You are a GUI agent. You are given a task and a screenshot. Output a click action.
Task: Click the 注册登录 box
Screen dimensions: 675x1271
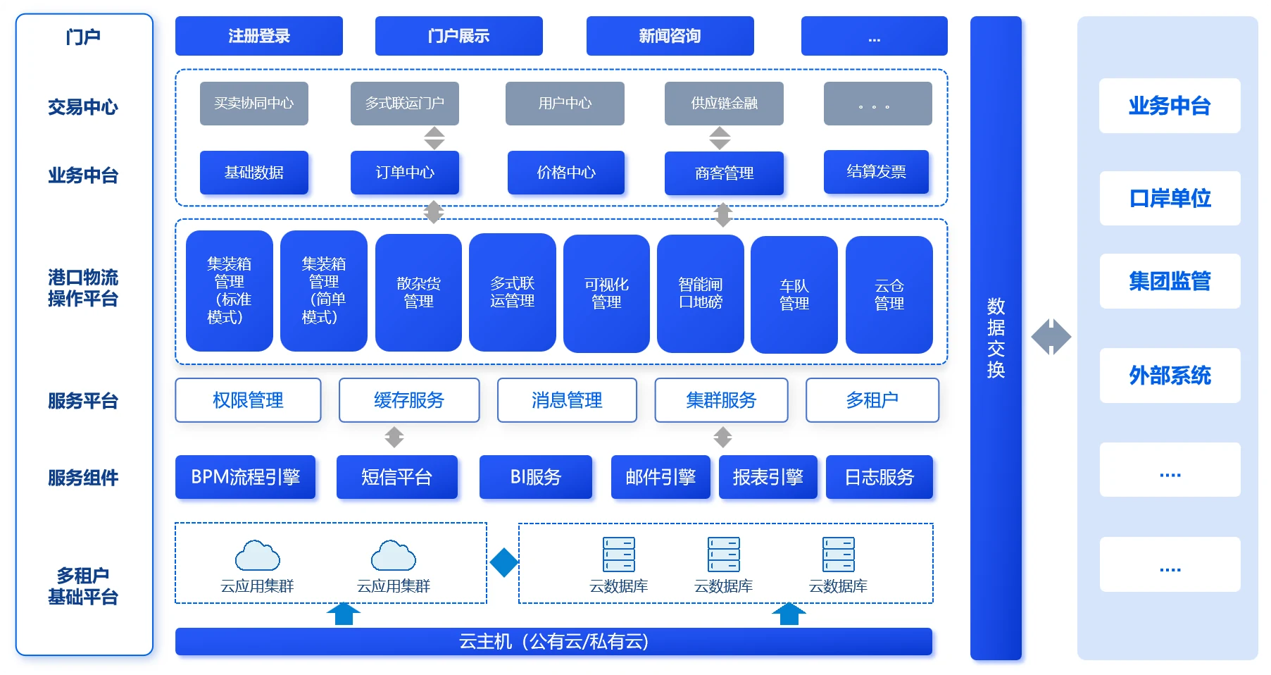[x=258, y=36]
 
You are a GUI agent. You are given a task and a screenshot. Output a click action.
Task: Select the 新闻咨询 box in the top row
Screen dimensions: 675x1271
[x=670, y=36]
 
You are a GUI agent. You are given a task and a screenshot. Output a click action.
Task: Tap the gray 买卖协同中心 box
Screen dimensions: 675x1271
[x=253, y=104]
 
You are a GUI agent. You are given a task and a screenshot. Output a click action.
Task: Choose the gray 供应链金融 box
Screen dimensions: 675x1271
[x=724, y=104]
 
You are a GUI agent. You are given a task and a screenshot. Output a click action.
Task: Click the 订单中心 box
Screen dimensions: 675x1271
[x=405, y=173]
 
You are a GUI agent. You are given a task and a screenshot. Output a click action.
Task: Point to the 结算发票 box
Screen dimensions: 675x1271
[x=876, y=172]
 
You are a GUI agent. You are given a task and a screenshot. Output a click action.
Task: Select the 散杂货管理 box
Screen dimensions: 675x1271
[x=418, y=292]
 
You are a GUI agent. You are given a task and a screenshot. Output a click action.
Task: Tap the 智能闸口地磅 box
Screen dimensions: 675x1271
[x=700, y=293]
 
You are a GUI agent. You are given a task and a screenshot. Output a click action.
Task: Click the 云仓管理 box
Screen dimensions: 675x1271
[x=889, y=295]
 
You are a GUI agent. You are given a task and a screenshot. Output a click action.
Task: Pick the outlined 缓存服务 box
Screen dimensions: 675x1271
[x=409, y=400]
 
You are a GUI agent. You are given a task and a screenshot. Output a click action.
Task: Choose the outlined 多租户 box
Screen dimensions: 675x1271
[x=872, y=400]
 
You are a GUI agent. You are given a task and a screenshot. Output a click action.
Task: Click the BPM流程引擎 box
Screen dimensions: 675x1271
[x=245, y=477]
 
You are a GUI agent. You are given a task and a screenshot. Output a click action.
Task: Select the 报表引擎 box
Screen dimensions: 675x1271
[x=768, y=477]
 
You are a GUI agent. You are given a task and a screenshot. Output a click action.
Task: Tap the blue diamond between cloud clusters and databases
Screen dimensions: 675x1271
[x=504, y=563]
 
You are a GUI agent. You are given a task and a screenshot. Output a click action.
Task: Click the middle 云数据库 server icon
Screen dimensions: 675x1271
[x=723, y=555]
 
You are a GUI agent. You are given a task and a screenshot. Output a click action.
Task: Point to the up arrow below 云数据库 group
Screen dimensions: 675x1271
[x=789, y=614]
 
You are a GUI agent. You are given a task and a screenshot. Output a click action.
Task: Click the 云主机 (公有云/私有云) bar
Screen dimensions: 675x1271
[x=553, y=641]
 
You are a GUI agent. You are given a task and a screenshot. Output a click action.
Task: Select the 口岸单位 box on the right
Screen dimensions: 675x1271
[x=1170, y=199]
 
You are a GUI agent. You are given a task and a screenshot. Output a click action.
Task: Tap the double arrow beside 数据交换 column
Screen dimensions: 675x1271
[x=1051, y=337]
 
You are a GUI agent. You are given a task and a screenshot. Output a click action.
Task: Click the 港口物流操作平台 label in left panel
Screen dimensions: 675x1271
[x=83, y=288]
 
